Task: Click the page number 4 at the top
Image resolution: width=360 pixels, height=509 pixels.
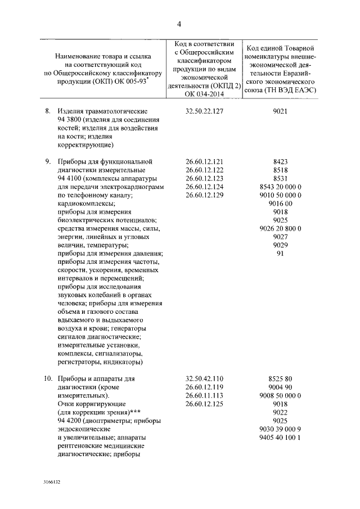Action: coord(179,24)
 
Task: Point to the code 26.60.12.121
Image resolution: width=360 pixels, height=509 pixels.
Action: coord(205,161)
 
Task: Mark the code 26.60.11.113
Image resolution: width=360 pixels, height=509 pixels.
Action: coord(205,395)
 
